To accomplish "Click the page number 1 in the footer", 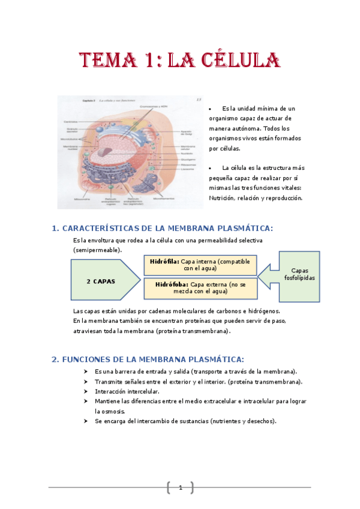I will (x=180, y=488).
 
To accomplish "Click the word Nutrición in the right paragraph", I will (x=221, y=198).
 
